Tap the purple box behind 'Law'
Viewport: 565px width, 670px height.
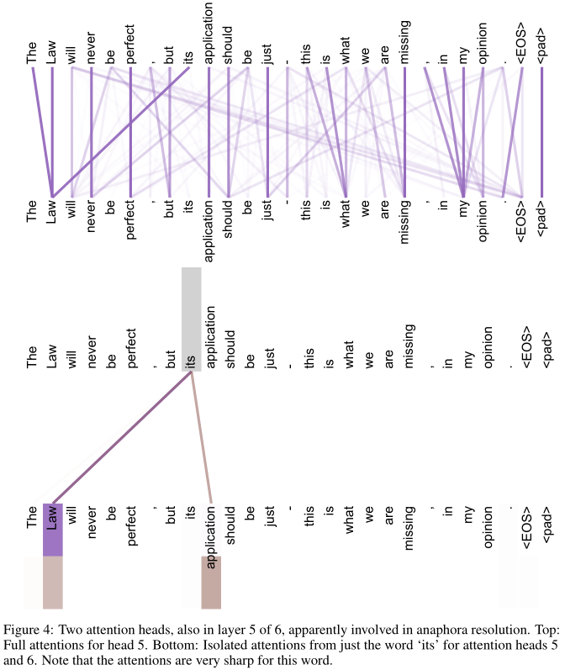click(x=52, y=530)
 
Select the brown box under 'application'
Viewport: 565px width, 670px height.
click(x=211, y=582)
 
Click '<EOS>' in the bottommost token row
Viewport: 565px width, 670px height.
click(x=522, y=526)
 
